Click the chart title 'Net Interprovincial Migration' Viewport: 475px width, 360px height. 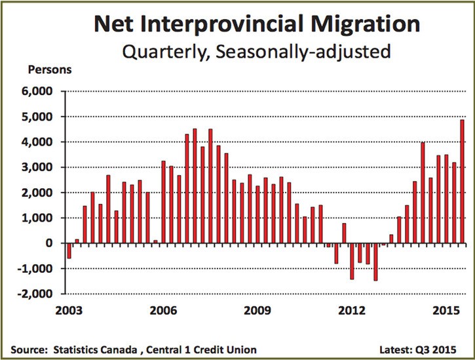tap(256, 24)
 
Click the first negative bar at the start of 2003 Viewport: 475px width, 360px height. tap(69, 250)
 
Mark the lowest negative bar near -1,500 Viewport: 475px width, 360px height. tap(375, 262)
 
